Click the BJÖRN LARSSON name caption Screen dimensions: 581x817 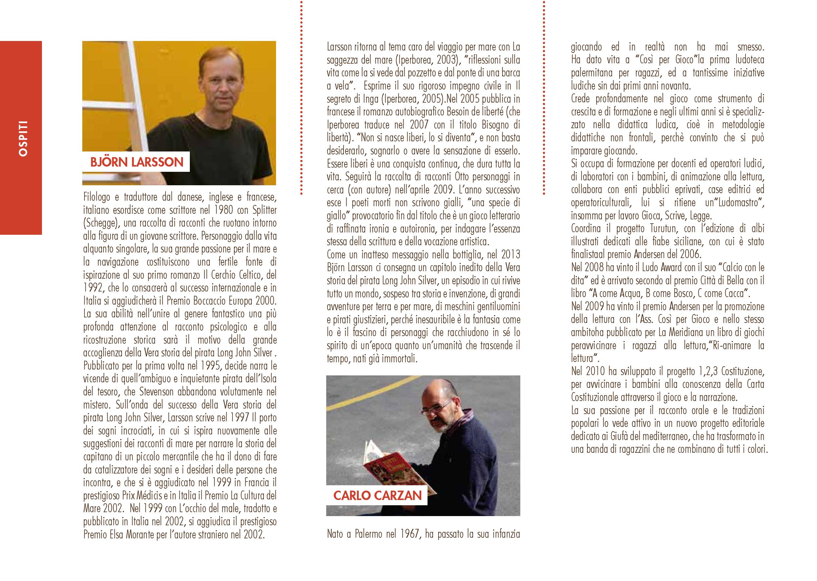(x=137, y=162)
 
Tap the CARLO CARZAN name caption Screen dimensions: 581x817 (x=377, y=495)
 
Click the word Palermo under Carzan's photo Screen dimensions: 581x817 (x=369, y=544)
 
